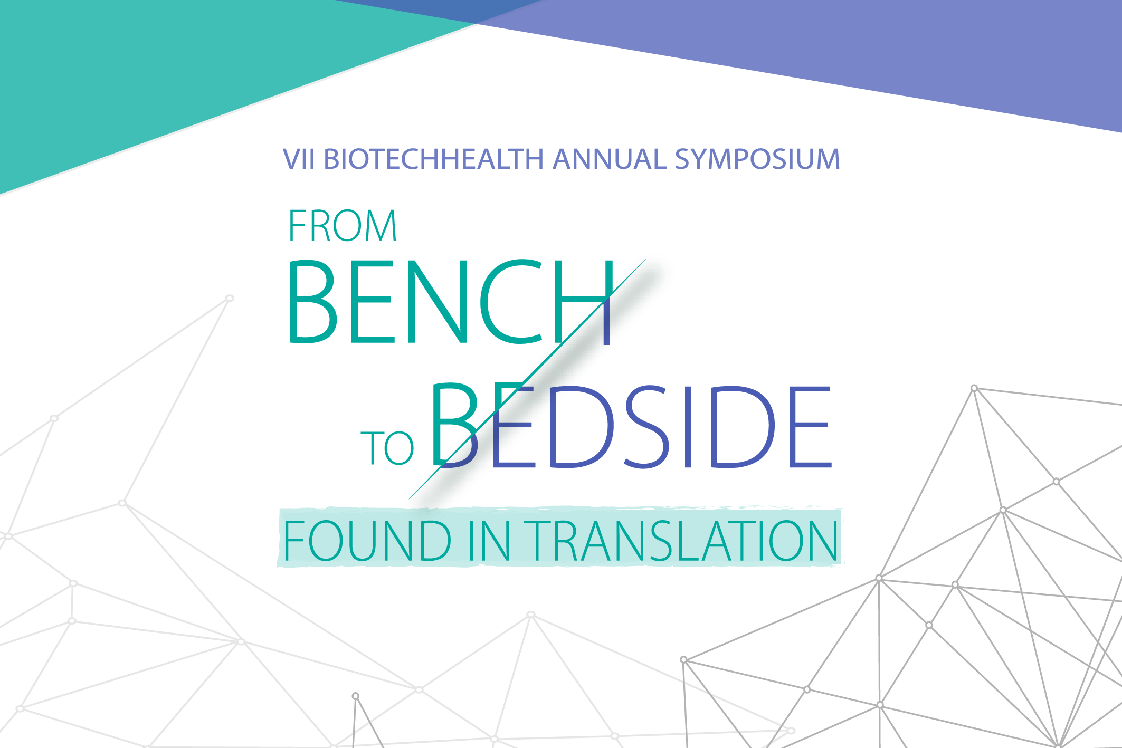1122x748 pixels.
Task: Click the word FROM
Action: tap(342, 226)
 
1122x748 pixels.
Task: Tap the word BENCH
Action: tap(450, 302)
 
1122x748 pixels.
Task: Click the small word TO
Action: tap(387, 448)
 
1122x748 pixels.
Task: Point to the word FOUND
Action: tap(367, 541)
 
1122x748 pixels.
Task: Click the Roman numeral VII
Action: tap(299, 159)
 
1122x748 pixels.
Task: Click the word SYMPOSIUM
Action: tap(758, 159)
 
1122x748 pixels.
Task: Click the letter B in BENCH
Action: tap(312, 302)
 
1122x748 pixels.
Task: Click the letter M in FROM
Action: tap(379, 226)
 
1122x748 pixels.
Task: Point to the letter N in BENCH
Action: tap(436, 302)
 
